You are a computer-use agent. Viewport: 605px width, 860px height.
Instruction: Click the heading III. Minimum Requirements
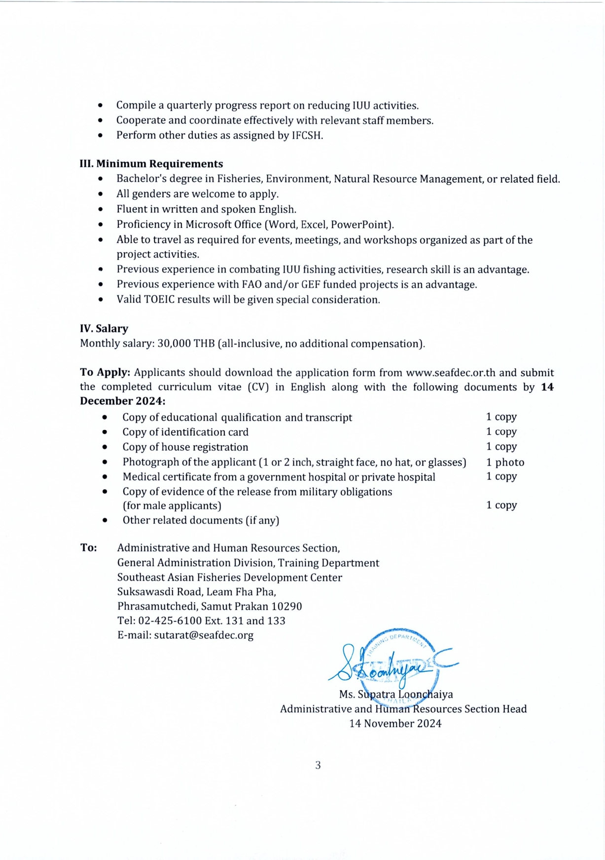coord(151,164)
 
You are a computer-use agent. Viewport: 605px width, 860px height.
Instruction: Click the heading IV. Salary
coord(104,329)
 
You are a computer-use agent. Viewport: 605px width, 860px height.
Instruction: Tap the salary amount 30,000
coord(174,344)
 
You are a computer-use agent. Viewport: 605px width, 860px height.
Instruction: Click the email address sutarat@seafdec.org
coord(204,635)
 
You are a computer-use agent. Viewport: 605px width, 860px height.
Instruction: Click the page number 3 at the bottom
coord(318,765)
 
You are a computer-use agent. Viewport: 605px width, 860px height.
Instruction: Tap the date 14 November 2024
coord(395,724)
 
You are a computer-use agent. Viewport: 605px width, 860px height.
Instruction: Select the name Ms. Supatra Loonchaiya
coord(396,695)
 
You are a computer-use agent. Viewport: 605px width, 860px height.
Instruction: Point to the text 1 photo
coord(505,463)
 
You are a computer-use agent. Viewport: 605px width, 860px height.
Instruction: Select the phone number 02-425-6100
coord(170,621)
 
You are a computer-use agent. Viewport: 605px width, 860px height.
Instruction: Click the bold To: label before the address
coord(89,548)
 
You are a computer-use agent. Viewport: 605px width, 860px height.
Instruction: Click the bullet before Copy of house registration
coord(105,447)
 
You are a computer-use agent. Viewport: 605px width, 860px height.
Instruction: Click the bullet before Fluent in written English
coord(101,209)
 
